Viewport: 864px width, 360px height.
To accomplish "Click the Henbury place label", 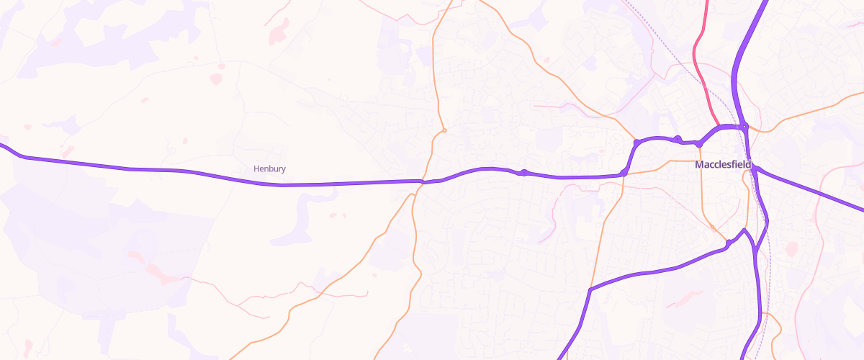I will [x=270, y=168].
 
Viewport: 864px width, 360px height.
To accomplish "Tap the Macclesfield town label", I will [x=723, y=165].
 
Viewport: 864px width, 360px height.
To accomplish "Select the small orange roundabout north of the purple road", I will [x=445, y=130].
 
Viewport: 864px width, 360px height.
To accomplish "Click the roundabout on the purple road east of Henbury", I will [x=525, y=173].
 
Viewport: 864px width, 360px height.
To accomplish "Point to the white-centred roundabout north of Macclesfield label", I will [x=745, y=127].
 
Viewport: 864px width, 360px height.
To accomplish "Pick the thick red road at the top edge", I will [x=706, y=6].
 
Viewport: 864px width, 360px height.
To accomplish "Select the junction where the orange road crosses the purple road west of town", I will [x=423, y=181].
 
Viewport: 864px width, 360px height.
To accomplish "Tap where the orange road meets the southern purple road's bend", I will [x=590, y=289].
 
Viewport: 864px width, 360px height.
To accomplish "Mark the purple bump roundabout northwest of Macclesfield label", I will [x=678, y=138].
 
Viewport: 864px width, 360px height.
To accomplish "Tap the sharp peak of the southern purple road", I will [x=744, y=230].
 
